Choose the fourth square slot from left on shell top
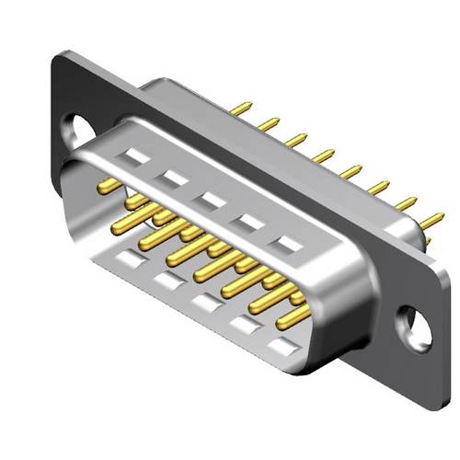(x=250, y=222)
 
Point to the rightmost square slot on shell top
(x=291, y=245)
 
